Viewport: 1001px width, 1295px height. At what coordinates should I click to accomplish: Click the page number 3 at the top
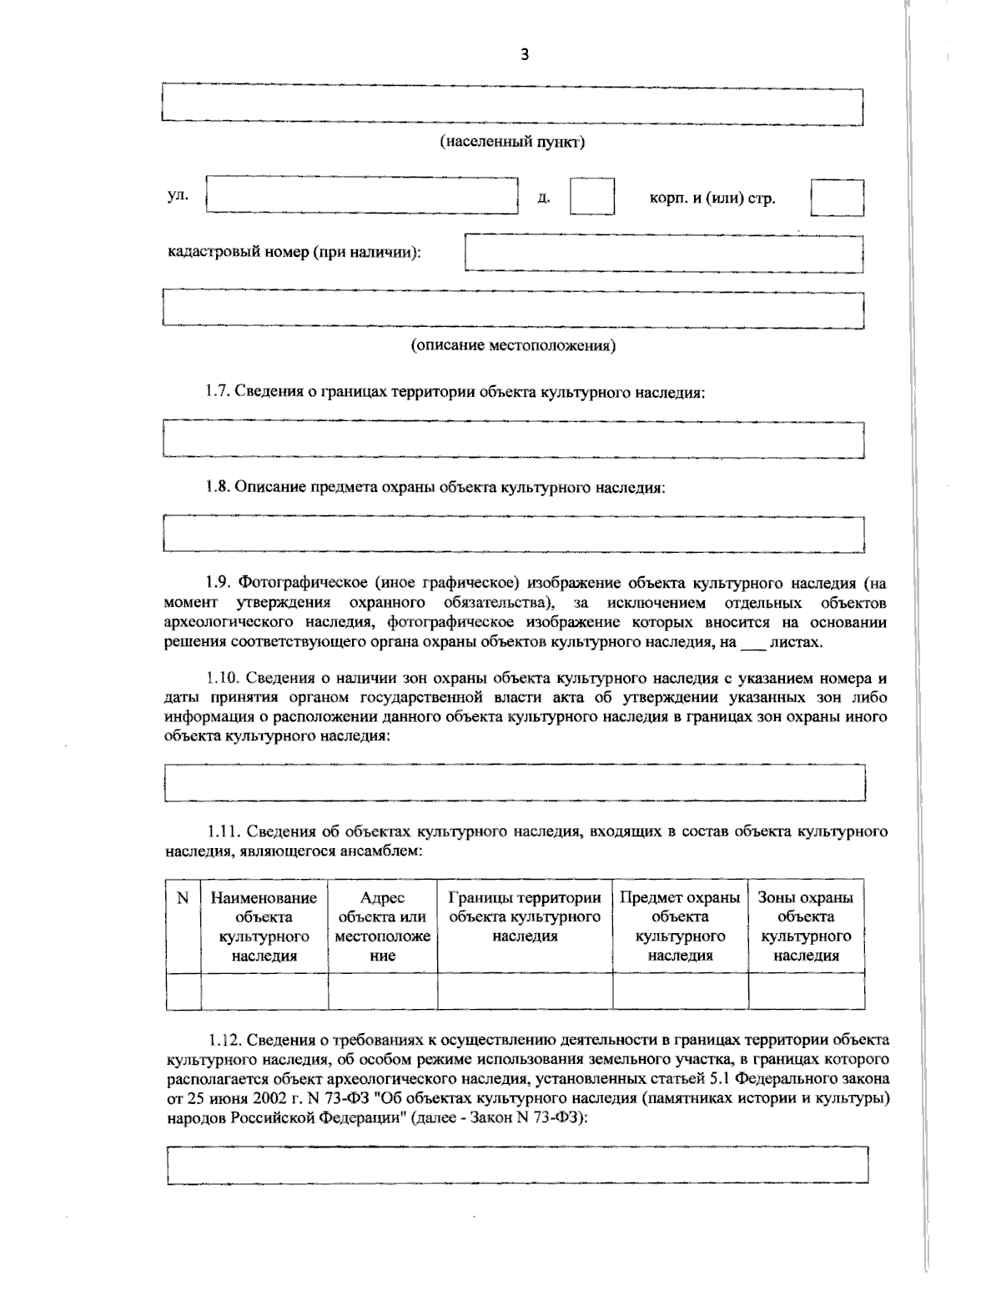click(524, 56)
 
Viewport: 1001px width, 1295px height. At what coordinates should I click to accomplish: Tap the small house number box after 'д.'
click(591, 197)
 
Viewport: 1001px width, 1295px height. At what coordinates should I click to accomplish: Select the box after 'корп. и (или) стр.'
click(837, 198)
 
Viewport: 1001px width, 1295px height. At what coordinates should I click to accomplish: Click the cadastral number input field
click(663, 253)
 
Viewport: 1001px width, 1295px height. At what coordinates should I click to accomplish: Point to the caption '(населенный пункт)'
click(512, 142)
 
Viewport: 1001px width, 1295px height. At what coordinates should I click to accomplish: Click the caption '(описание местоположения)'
click(512, 345)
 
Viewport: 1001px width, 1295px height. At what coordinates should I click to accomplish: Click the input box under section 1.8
click(513, 534)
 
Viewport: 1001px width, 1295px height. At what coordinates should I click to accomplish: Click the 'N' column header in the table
click(183, 898)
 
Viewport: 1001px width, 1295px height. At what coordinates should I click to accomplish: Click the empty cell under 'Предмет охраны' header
click(680, 991)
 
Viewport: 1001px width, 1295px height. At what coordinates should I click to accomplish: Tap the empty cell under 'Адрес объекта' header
click(382, 991)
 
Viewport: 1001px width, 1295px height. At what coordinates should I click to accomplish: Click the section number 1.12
click(224, 1040)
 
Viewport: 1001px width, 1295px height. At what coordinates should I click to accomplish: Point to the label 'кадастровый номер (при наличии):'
click(294, 252)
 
